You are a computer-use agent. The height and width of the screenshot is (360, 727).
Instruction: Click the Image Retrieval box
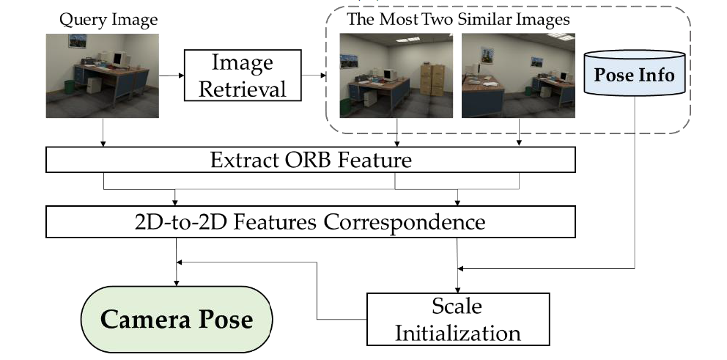point(241,75)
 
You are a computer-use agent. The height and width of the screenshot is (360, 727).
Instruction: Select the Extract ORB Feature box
point(310,159)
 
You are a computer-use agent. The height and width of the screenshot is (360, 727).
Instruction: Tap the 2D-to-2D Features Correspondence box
point(310,221)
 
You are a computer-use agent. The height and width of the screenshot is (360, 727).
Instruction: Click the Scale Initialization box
point(457,319)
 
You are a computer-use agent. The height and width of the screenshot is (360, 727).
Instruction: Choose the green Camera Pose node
point(176,320)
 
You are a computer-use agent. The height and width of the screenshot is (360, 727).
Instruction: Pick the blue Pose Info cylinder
point(634,75)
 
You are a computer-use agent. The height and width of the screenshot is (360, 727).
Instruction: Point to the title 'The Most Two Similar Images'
point(457,20)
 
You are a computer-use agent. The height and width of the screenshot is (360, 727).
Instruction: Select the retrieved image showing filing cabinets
point(396,76)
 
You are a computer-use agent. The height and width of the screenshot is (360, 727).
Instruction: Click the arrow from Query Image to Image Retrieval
point(171,75)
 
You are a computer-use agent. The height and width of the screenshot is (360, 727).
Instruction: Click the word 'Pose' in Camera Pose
point(223,320)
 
